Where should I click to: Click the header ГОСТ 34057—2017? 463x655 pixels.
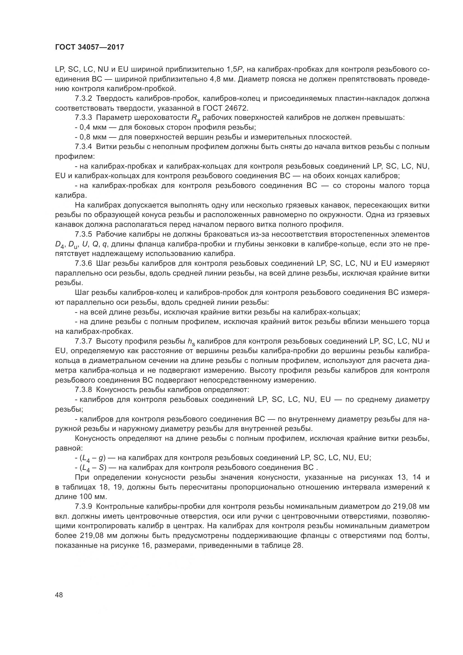click(x=90, y=47)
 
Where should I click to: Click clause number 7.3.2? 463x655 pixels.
click(x=83, y=99)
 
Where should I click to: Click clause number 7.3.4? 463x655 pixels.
click(x=83, y=147)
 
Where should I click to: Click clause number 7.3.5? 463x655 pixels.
click(x=83, y=234)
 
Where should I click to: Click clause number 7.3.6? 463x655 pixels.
click(x=83, y=263)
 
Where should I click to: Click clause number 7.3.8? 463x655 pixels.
click(x=83, y=390)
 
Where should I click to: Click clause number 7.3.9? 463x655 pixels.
click(x=83, y=507)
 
